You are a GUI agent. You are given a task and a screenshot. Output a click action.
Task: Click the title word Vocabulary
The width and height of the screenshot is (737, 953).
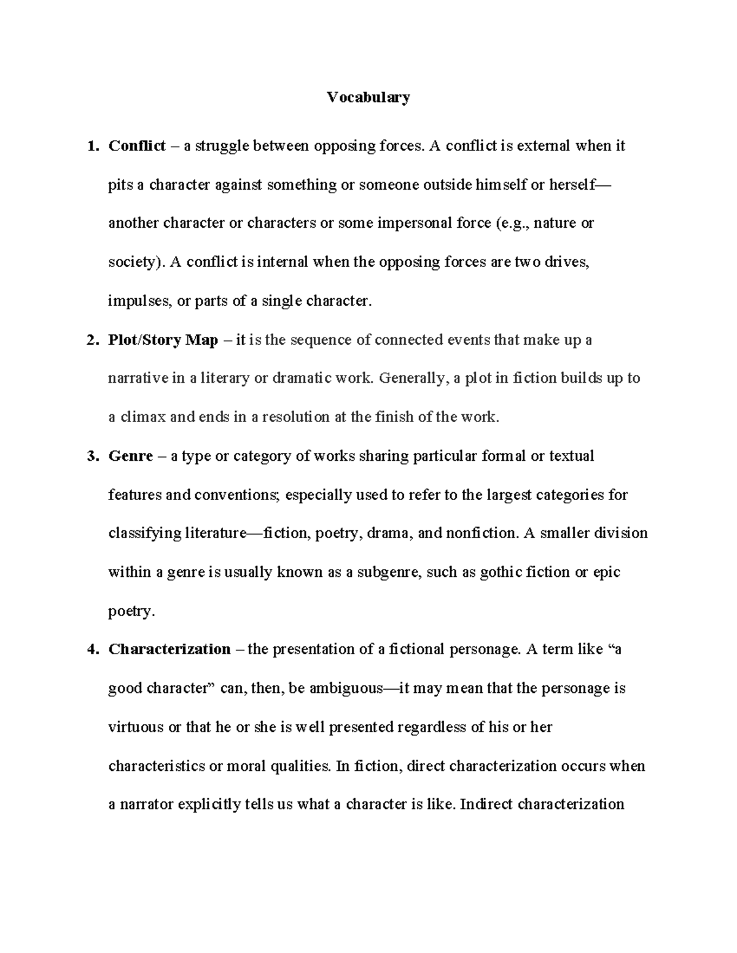pyautogui.click(x=368, y=97)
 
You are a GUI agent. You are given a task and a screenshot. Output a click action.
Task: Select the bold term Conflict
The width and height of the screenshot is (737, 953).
pyautogui.click(x=136, y=146)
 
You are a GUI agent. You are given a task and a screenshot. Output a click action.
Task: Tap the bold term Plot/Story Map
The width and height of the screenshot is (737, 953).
pyautogui.click(x=163, y=340)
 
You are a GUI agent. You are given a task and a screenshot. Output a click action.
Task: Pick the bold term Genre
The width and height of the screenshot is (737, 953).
pyautogui.click(x=130, y=457)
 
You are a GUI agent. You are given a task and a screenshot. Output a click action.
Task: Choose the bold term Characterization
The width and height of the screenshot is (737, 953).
pyautogui.click(x=170, y=649)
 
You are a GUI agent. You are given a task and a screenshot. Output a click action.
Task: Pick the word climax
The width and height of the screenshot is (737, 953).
pyautogui.click(x=142, y=417)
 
